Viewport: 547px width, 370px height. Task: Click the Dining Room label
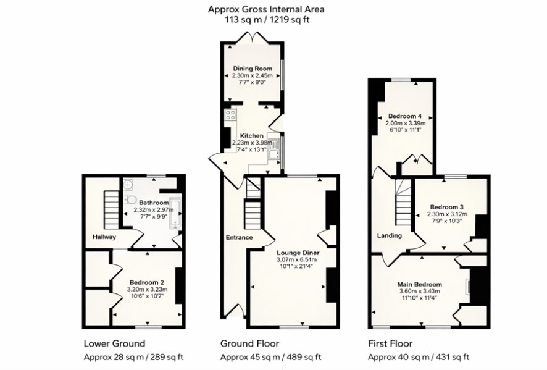(253, 69)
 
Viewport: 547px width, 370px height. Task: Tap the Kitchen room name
(251, 136)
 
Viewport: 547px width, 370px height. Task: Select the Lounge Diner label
(298, 253)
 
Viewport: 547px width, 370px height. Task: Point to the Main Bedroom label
(420, 285)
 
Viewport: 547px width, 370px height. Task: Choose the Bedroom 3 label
(446, 207)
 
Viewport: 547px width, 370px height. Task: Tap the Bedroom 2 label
(147, 282)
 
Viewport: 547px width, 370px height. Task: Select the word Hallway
(104, 237)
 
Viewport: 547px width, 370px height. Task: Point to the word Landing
(390, 235)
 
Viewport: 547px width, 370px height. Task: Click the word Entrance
(239, 238)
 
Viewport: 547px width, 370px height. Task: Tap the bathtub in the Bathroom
(175, 213)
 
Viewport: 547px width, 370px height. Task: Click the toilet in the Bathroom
(130, 200)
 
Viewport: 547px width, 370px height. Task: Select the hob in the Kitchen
(230, 115)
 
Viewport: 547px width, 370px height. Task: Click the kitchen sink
(274, 149)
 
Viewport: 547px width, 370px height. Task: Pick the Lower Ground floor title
(114, 343)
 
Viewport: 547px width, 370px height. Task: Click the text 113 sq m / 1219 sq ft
(266, 20)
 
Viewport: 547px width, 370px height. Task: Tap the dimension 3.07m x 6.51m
(297, 259)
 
